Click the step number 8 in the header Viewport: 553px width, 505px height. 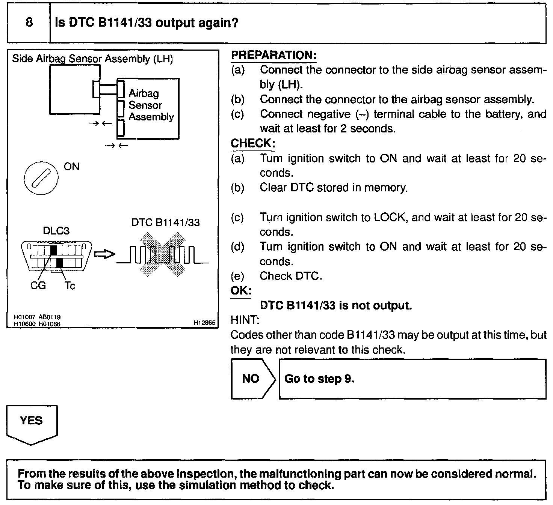point(29,23)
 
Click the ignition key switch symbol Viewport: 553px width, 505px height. point(41,178)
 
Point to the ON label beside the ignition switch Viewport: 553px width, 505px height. point(71,166)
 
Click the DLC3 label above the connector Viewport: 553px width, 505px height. point(56,230)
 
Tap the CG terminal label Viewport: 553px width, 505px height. point(38,286)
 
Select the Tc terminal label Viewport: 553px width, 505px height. point(70,286)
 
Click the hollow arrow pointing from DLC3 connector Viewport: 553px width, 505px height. point(104,254)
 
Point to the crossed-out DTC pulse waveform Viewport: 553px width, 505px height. point(163,254)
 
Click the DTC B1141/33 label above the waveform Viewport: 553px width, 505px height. point(165,222)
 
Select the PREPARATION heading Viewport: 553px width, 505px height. point(273,55)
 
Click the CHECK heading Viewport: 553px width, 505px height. point(252,143)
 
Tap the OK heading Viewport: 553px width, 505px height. point(240,291)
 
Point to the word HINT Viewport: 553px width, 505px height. point(244,320)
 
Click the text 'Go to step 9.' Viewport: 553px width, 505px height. point(319,379)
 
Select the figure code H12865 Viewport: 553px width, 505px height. point(204,322)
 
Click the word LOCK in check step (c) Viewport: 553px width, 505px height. point(391,218)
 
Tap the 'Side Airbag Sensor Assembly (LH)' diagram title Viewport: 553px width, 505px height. point(92,59)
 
